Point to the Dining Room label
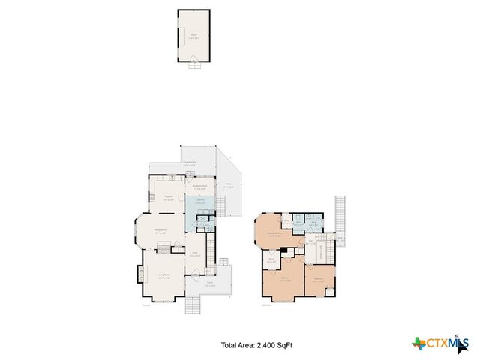(x=160, y=230)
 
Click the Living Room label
(x=163, y=275)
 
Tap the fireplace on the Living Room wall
(x=139, y=274)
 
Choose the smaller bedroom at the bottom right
(x=319, y=280)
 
